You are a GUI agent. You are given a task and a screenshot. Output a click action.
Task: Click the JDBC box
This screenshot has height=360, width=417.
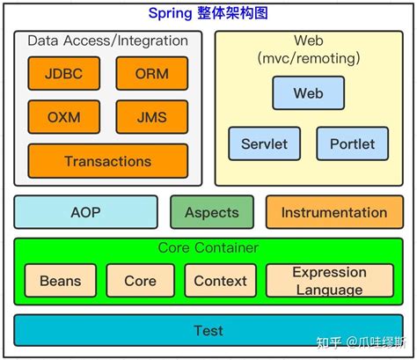pyautogui.click(x=64, y=74)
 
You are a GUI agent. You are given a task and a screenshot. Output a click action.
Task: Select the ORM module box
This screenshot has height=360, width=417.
pyautogui.click(x=152, y=74)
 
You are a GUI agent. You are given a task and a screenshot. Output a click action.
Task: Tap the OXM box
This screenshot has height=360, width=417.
pyautogui.click(x=64, y=117)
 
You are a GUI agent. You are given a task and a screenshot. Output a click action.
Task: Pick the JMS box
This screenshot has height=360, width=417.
pyautogui.click(x=152, y=117)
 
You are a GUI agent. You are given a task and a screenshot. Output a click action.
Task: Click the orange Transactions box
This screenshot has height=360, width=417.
pyautogui.click(x=108, y=161)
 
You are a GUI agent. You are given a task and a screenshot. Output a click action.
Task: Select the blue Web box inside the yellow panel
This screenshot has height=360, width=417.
pyautogui.click(x=308, y=93)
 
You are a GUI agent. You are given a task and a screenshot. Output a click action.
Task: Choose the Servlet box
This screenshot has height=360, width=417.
pyautogui.click(x=264, y=143)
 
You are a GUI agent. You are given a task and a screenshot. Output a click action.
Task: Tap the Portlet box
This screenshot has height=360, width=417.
pyautogui.click(x=352, y=143)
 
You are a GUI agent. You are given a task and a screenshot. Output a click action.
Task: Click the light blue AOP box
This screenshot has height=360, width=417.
pyautogui.click(x=86, y=212)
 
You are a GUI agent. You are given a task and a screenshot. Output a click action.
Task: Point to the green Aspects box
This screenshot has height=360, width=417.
pyautogui.click(x=212, y=212)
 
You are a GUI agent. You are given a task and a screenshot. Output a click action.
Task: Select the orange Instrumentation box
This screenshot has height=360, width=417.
pyautogui.click(x=333, y=212)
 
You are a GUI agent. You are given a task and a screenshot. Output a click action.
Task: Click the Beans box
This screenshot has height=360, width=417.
pyautogui.click(x=61, y=281)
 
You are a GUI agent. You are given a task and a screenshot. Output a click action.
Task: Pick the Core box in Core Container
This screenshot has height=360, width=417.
pyautogui.click(x=140, y=281)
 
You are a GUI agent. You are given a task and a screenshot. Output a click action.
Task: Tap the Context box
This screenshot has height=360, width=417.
pyautogui.click(x=220, y=281)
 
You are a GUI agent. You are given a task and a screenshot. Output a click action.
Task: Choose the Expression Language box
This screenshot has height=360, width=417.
pyautogui.click(x=329, y=281)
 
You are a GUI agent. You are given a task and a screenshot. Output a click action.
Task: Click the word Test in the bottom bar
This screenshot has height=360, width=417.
pyautogui.click(x=208, y=331)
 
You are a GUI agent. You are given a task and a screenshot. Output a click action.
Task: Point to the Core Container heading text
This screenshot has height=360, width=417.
pyautogui.click(x=208, y=248)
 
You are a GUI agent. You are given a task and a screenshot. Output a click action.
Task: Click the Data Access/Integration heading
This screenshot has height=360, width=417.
pyautogui.click(x=107, y=40)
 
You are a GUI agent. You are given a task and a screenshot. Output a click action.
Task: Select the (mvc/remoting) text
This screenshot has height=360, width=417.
pyautogui.click(x=308, y=58)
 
